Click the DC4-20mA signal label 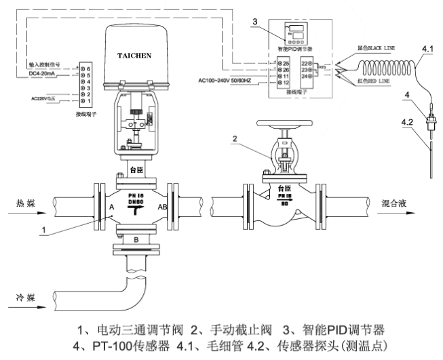(45, 73)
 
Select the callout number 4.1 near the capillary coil (427, 49)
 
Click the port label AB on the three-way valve (163, 208)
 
